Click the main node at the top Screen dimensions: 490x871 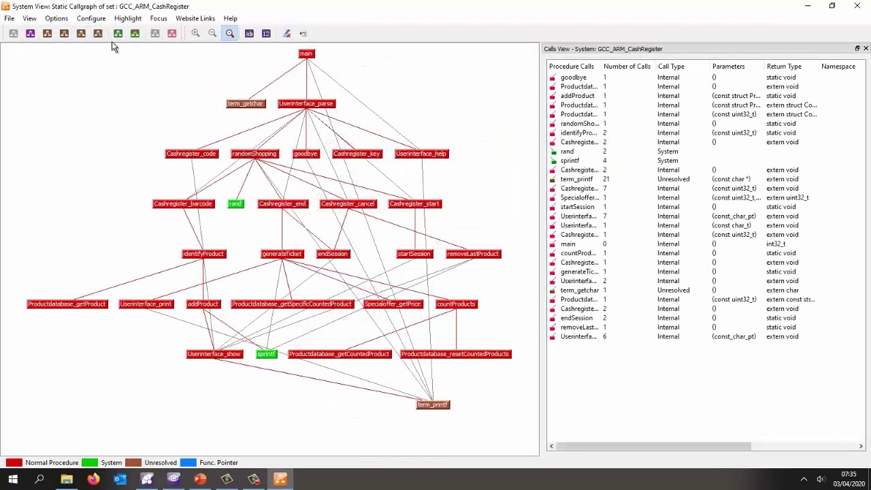coord(306,54)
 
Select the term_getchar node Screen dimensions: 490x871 coord(245,103)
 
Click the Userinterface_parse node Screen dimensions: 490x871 coord(306,103)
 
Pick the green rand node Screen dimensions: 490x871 coord(235,203)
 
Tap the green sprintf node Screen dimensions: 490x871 coord(266,354)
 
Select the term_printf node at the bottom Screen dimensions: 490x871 coord(433,405)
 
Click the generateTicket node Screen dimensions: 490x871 coord(282,254)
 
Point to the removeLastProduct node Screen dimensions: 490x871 coord(473,254)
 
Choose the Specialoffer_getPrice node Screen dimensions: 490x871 coord(393,304)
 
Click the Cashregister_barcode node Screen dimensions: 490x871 coord(183,203)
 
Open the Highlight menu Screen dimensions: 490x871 coord(128,18)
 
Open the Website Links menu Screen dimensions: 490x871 coord(195,18)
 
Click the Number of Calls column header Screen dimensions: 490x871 coord(627,67)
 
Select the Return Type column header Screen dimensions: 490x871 coord(784,67)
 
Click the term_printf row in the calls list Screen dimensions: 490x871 coord(576,179)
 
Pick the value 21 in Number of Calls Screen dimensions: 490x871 coord(606,179)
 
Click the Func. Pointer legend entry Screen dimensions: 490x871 coord(218,463)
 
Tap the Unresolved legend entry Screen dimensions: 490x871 coord(160,463)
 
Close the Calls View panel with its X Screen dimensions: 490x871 coord(866,48)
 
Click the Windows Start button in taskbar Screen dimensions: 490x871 coord(13,480)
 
